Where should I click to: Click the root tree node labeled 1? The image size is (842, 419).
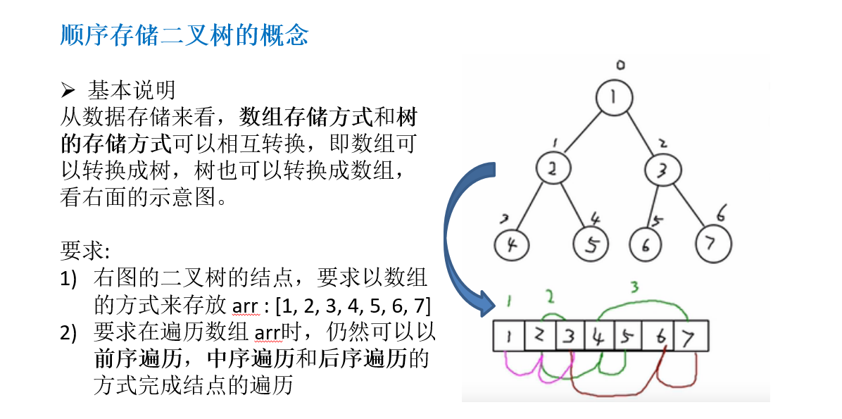(615, 98)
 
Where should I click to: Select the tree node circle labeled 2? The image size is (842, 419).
(554, 168)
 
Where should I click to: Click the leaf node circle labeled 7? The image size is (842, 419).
(713, 244)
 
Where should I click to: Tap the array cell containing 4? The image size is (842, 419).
(598, 336)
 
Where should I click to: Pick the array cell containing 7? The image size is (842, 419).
(691, 336)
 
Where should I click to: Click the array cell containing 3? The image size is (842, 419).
(570, 336)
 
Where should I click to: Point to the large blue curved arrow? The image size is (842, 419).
(456, 232)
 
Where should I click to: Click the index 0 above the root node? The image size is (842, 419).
(620, 65)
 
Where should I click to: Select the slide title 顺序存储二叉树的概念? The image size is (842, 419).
(184, 35)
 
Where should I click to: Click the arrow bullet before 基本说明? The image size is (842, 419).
(68, 90)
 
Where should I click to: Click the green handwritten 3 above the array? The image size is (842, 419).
(634, 287)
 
